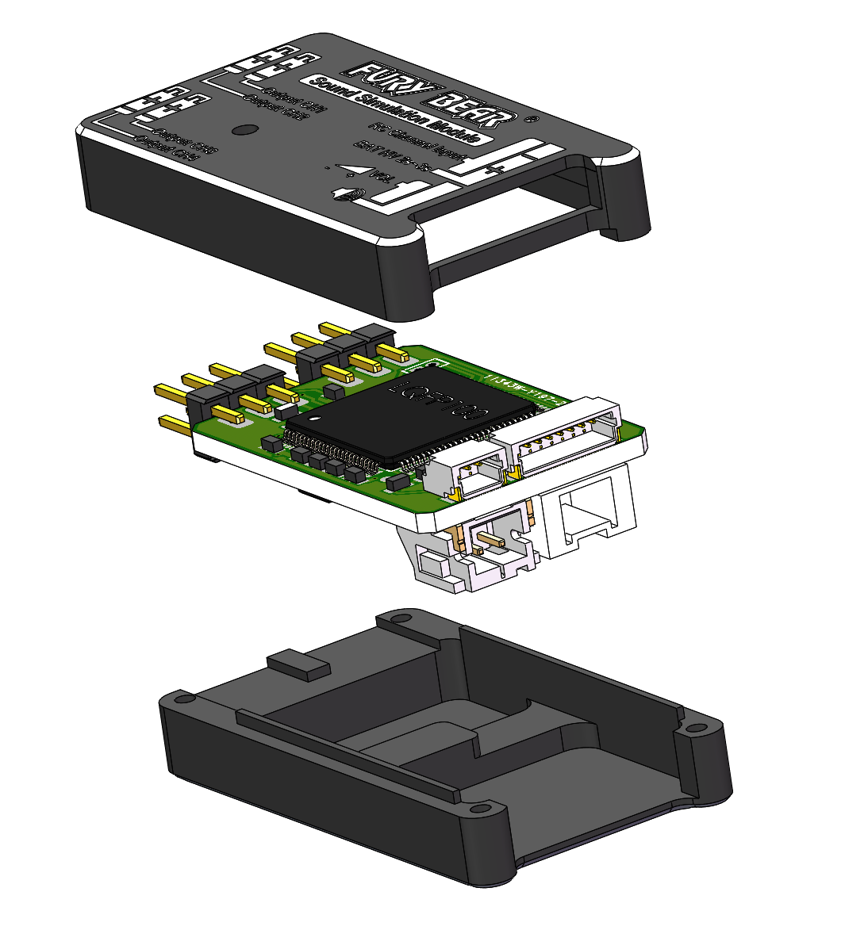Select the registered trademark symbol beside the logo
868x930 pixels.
tap(532, 119)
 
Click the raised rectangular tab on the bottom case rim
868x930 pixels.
tap(298, 663)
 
